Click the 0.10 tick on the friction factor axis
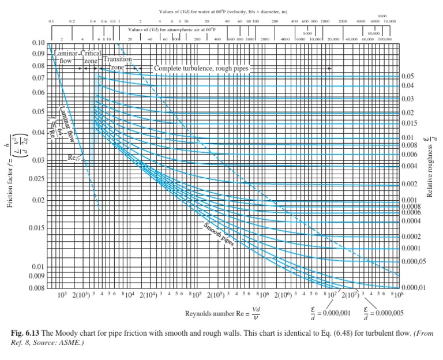click(38, 43)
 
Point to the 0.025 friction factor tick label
click(36, 177)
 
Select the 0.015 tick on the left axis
click(36, 228)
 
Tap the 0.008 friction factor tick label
click(36, 287)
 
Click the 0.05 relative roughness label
click(408, 76)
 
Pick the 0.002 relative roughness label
click(410, 184)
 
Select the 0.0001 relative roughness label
click(411, 248)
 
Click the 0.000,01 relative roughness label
click(414, 287)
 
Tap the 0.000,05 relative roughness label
click(414, 261)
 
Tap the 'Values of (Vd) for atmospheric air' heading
click(172, 29)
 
